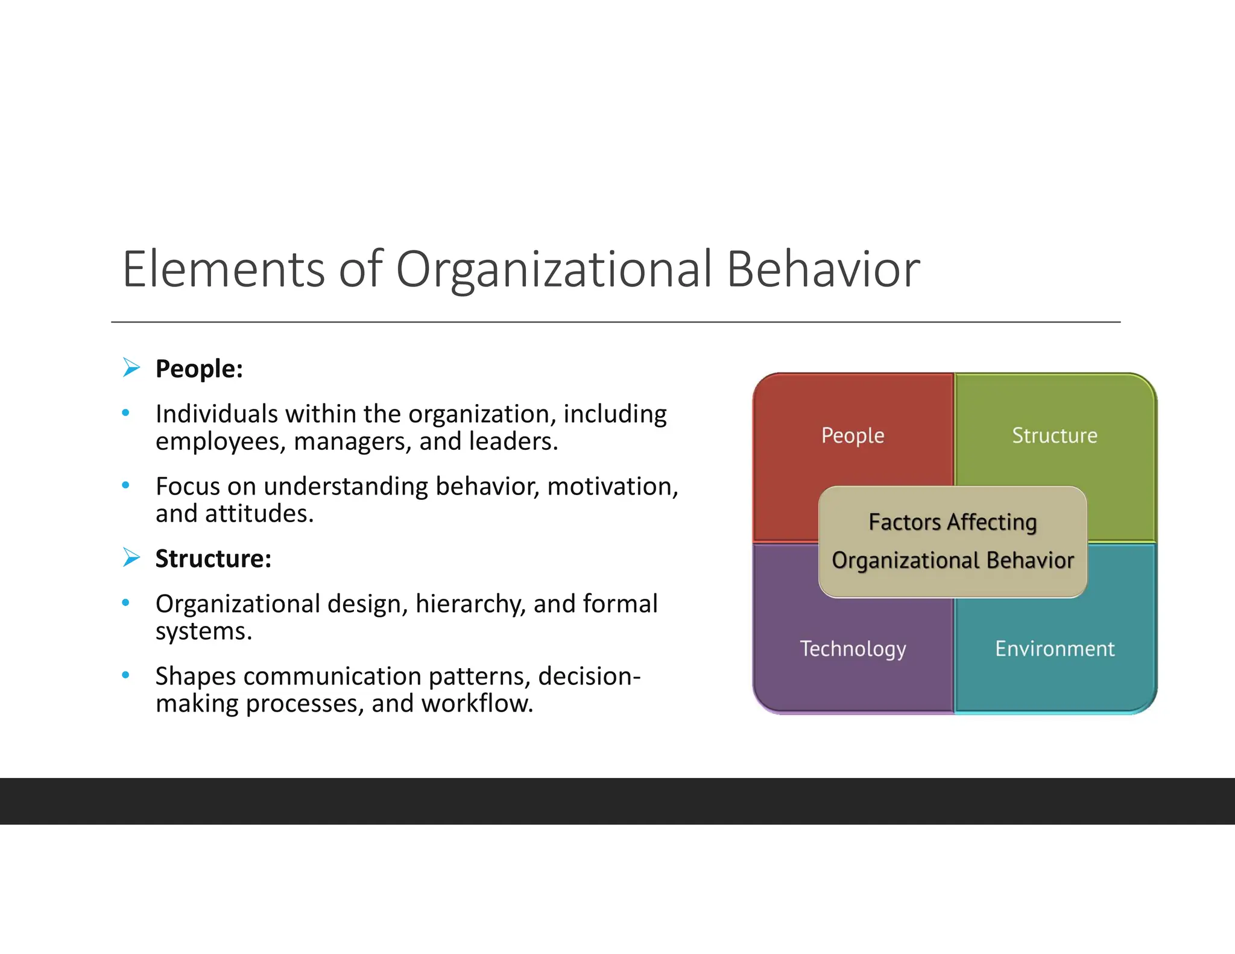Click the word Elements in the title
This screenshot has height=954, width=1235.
pos(224,269)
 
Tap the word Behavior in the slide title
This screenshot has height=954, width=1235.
pos(823,269)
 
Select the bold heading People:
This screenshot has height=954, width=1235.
pos(199,369)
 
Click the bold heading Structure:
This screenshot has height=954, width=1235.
pos(213,559)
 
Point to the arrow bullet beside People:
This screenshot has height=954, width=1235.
pos(131,367)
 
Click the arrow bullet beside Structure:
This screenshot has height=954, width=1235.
pos(131,557)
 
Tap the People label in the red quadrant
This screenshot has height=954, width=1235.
pos(853,435)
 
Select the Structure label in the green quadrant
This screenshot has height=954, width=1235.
pos(1054,435)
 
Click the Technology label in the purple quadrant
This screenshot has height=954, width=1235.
pos(853,649)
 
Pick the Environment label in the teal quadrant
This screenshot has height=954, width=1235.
pos(1054,649)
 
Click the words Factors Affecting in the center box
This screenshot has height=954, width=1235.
pos(952,522)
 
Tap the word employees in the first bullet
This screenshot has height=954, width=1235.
pos(220,442)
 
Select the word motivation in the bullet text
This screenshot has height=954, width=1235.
pos(613,487)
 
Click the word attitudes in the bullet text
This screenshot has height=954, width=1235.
pos(259,514)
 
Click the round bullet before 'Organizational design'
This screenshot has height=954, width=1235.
pos(125,602)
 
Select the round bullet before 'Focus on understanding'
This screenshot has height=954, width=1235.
pos(125,485)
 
